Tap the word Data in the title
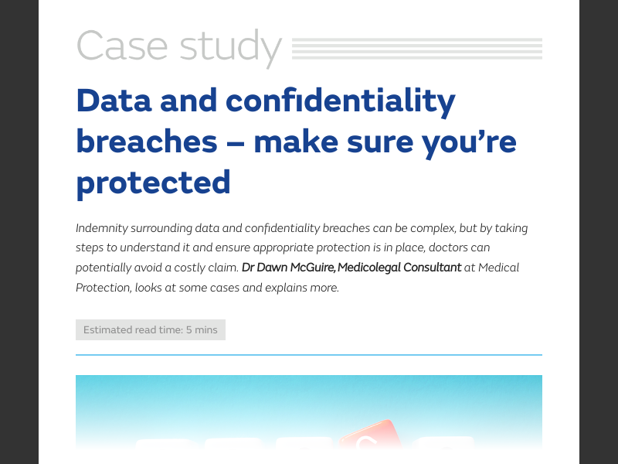point(114,101)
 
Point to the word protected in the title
point(153,183)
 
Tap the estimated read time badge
point(151,329)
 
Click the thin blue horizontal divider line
point(309,354)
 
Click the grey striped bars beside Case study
point(417,48)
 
